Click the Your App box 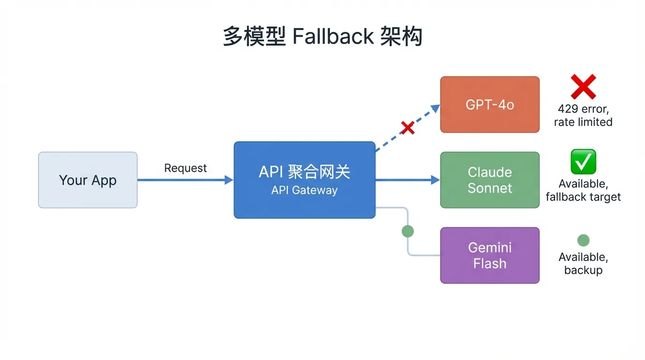pyautogui.click(x=88, y=180)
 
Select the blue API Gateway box pyautogui.click(x=304, y=180)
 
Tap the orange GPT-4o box pyautogui.click(x=490, y=105)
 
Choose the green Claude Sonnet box pyautogui.click(x=490, y=180)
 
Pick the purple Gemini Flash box pyautogui.click(x=490, y=255)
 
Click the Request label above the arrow pyautogui.click(x=185, y=168)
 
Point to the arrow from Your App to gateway pyautogui.click(x=185, y=180)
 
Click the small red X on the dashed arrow pyautogui.click(x=407, y=127)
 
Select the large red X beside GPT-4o pyautogui.click(x=583, y=87)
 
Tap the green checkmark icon pyautogui.click(x=583, y=162)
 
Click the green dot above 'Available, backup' pyautogui.click(x=583, y=240)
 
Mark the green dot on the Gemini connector pyautogui.click(x=408, y=231)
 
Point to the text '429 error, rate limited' pyautogui.click(x=583, y=115)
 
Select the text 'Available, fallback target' pyautogui.click(x=583, y=190)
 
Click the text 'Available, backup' pyautogui.click(x=583, y=264)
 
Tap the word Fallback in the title pyautogui.click(x=333, y=37)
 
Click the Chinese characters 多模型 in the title pyautogui.click(x=254, y=37)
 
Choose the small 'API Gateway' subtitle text pyautogui.click(x=304, y=190)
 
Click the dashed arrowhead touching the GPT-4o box pyautogui.click(x=435, y=109)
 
